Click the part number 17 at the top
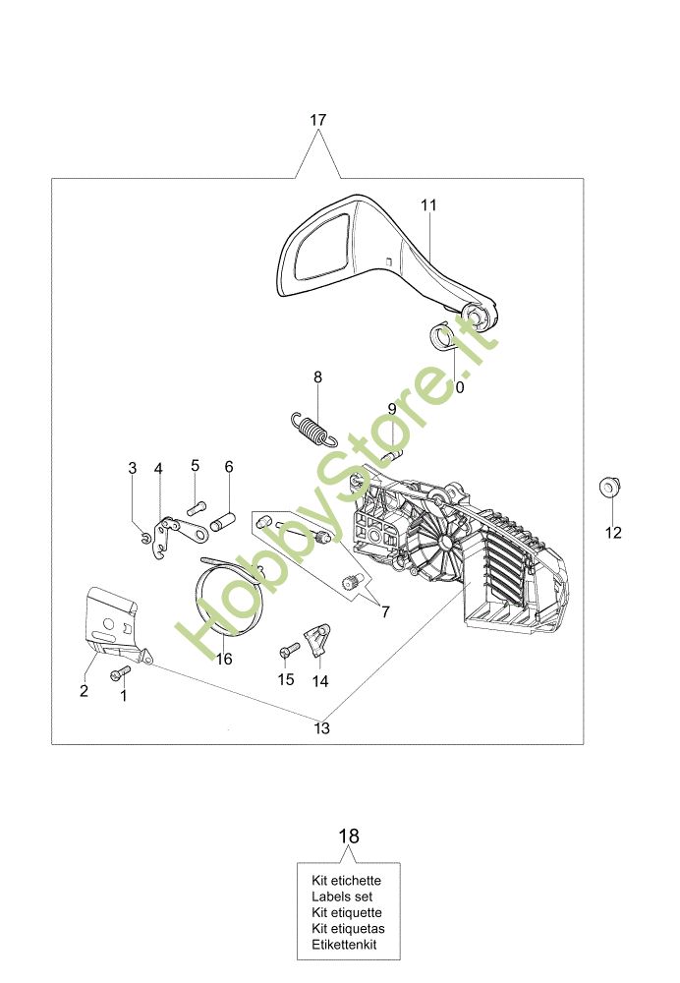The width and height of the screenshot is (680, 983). point(317,120)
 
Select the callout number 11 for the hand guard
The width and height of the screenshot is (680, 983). point(428,204)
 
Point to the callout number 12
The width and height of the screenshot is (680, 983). point(613,533)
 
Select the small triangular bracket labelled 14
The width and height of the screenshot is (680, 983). point(317,640)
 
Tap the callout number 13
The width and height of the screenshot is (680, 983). point(321,728)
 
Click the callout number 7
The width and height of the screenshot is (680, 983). point(384,611)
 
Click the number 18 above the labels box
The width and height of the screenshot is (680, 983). point(349,837)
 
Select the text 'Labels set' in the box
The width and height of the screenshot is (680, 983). point(341,896)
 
